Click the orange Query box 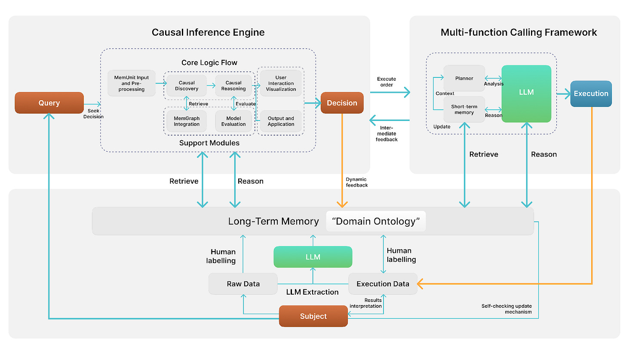point(49,103)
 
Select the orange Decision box point(342,103)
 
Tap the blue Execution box point(591,94)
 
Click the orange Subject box point(313,316)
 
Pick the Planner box point(464,78)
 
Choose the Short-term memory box point(464,109)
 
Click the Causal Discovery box point(187,86)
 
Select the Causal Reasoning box point(233,86)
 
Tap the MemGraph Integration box point(187,121)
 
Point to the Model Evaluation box point(233,121)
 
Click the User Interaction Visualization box point(281,83)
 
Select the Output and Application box point(281,121)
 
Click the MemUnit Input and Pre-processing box point(132,83)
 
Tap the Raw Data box point(243,284)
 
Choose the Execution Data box point(383,284)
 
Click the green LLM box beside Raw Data point(313,257)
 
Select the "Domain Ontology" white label point(376,221)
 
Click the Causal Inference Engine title point(208,32)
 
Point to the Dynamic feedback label point(356,182)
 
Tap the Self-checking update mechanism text point(506,309)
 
